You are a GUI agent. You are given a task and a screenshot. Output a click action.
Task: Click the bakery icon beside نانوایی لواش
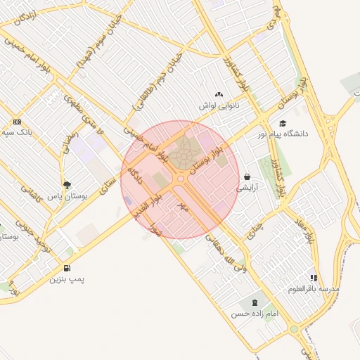point(219,94)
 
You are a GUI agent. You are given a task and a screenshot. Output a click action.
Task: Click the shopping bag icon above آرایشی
point(247,177)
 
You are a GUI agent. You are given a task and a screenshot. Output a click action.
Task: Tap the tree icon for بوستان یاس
point(67,186)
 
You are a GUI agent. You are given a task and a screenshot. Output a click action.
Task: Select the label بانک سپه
point(17,131)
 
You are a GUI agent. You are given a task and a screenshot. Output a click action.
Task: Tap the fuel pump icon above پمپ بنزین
point(67,268)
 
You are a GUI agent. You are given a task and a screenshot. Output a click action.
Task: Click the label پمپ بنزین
point(67,279)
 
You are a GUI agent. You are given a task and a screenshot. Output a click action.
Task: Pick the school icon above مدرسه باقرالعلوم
point(314,278)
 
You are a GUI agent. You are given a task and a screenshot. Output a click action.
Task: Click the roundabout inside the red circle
point(181,180)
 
